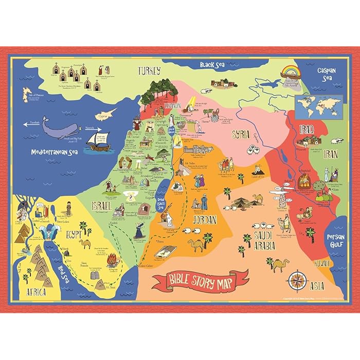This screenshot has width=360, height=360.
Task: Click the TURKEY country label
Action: [149, 70]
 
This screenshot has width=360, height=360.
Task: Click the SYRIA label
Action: [241, 135]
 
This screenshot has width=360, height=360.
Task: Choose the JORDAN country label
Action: [204, 220]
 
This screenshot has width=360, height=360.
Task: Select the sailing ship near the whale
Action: [98, 142]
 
